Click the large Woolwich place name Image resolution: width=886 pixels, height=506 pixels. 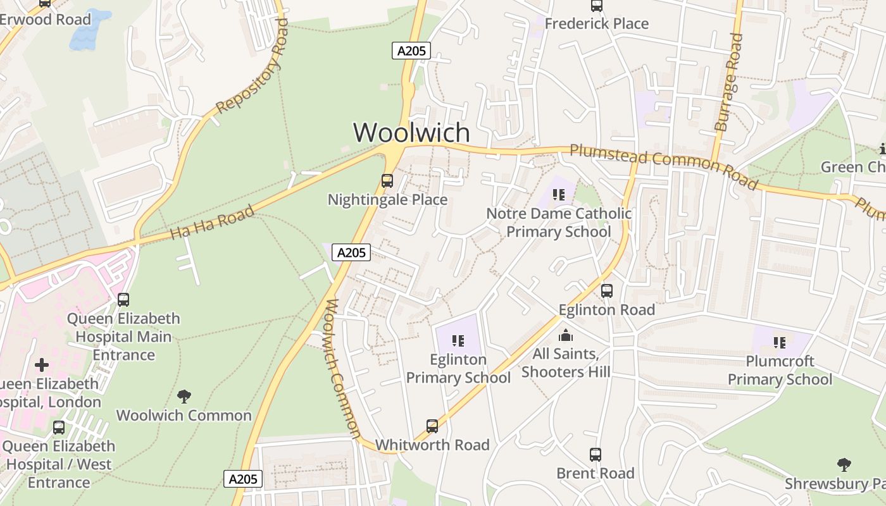tap(411, 133)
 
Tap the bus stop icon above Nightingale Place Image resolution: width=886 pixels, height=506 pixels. tap(387, 181)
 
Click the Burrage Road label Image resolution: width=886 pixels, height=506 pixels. tap(729, 82)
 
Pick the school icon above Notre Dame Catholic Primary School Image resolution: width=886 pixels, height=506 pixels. tap(558, 194)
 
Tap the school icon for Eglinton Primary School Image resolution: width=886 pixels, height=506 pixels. tap(458, 341)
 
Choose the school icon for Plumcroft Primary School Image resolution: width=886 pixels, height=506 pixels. tap(780, 342)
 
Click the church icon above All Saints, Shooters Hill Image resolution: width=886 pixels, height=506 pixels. tap(566, 335)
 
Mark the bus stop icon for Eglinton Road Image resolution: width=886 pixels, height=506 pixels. tap(607, 291)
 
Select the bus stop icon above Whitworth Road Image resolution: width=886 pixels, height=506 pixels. tap(432, 426)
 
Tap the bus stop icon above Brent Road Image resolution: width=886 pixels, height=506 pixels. tap(596, 454)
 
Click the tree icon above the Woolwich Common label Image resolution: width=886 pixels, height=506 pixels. tap(184, 397)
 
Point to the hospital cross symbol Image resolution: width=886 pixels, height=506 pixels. tap(42, 365)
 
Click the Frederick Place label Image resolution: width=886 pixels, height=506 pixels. tap(596, 24)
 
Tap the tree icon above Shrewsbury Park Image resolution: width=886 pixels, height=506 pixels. tap(844, 465)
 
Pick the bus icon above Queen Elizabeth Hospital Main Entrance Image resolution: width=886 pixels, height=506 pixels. tap(123, 300)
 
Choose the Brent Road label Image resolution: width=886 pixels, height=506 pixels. tap(595, 473)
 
